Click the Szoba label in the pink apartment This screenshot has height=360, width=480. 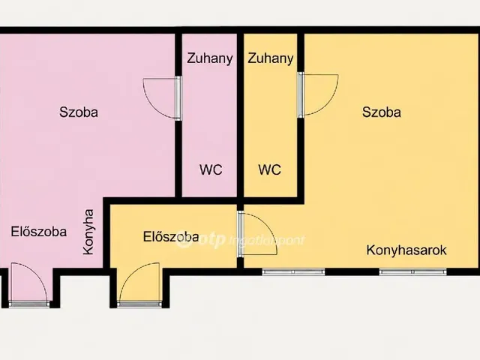coord(79,112)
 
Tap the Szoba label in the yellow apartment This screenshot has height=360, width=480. coord(382,112)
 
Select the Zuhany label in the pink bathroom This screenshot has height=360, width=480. coord(210,58)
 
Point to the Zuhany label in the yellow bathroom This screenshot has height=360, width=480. coord(270,58)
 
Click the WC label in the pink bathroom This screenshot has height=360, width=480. coord(211,169)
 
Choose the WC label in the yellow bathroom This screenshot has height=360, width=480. coord(269,169)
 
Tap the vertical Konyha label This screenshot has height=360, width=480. coord(88,232)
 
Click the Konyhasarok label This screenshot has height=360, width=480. coord(406,250)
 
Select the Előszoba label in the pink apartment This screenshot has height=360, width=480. coord(39,232)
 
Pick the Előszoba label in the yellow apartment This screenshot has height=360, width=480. coord(171,236)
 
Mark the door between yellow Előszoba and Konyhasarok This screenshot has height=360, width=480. coord(257,234)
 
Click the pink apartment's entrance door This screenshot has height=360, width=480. coord(29,283)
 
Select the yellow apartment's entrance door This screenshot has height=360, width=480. coord(139,283)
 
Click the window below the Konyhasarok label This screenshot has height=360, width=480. coord(413,271)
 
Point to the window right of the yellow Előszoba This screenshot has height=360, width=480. coord(293,271)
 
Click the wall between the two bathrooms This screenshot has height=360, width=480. coord(240,115)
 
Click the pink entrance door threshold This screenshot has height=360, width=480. coord(29,304)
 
